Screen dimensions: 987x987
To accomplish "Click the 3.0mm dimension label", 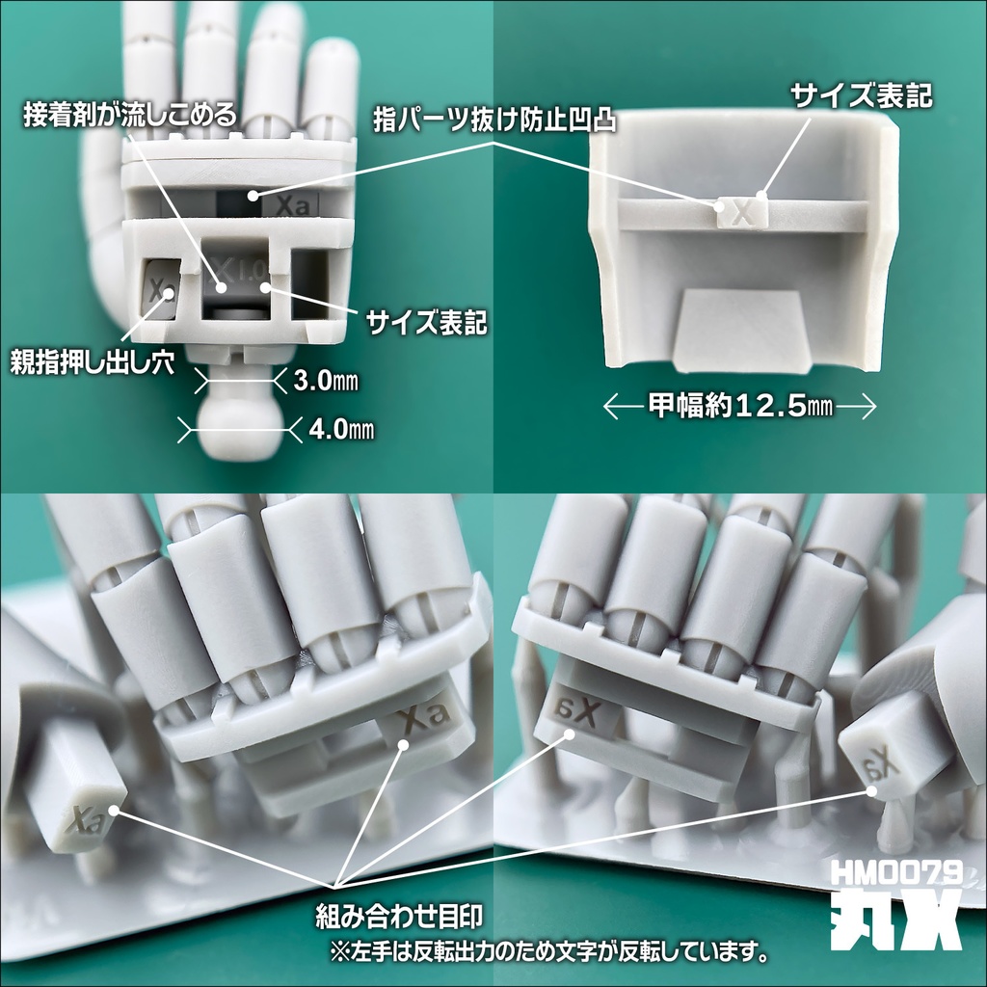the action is click(326, 381).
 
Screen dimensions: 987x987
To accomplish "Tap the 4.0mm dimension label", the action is click(342, 429).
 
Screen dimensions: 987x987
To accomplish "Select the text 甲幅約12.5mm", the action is click(740, 406).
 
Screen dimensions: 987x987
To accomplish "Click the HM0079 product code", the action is click(896, 872).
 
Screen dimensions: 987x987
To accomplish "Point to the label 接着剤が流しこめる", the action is click(130, 116).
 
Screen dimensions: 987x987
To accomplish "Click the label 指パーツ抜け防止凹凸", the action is click(494, 119).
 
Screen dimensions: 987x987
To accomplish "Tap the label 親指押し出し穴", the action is click(92, 363).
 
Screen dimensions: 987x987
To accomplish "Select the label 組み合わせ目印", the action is click(398, 917).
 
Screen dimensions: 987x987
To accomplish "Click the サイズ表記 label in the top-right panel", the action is click(861, 96).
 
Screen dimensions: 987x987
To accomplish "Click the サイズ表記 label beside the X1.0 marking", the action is click(426, 322).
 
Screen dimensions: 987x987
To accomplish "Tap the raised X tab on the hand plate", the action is click(743, 211).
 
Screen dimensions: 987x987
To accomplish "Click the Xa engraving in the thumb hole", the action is click(161, 289).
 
